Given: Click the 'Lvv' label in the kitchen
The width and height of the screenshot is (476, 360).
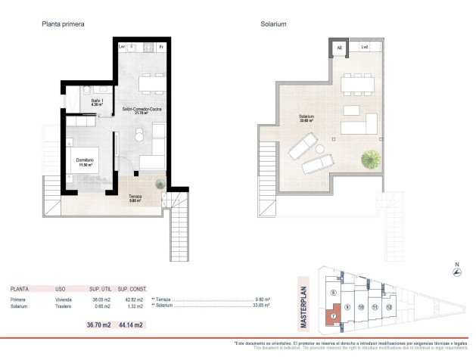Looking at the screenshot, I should click(123, 48).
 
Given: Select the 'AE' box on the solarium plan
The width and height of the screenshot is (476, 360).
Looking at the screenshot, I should click(339, 48).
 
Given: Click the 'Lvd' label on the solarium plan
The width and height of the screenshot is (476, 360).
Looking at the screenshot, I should click(364, 48).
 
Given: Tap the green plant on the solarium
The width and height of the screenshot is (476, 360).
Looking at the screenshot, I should click(371, 160).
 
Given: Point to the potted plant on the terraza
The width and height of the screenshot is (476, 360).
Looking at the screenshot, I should click(159, 184).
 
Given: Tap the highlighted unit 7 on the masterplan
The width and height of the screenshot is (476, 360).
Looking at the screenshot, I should click(332, 315).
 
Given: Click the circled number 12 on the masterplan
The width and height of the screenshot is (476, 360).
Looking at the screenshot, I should click(387, 308).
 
